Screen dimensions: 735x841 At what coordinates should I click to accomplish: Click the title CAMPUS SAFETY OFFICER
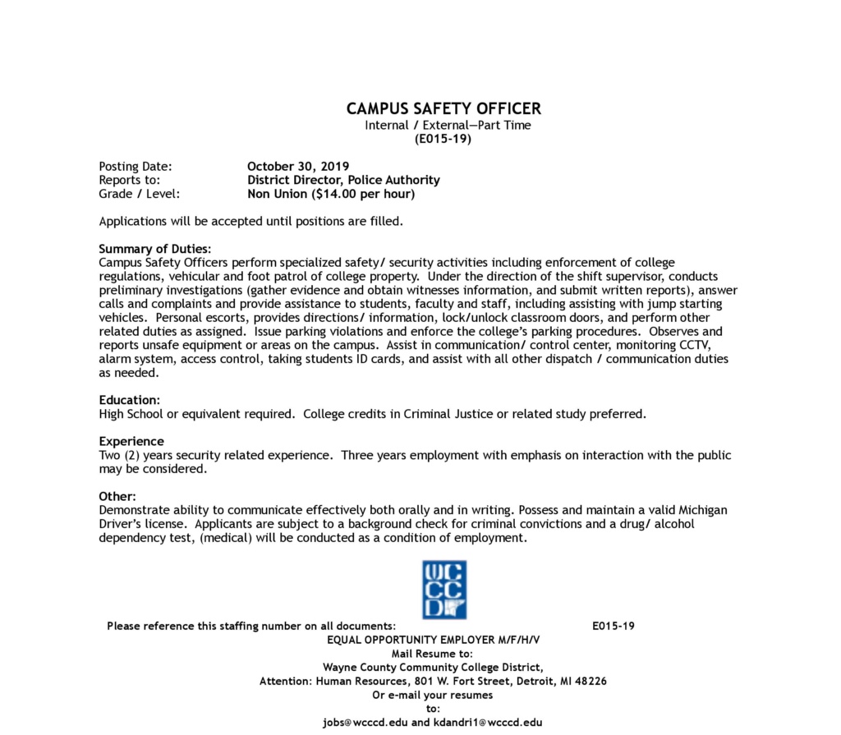click(443, 108)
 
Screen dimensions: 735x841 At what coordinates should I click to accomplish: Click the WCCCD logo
click(443, 589)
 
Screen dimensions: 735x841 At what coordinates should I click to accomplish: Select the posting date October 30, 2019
click(298, 167)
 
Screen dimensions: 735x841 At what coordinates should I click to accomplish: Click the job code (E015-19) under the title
click(443, 139)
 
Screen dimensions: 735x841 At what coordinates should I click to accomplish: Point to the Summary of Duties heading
click(154, 249)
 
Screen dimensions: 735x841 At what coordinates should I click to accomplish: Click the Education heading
click(129, 400)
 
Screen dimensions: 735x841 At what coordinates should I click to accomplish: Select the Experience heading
click(131, 441)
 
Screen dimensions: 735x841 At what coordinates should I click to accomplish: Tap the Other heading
click(117, 496)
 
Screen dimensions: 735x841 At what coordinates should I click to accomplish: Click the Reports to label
click(129, 181)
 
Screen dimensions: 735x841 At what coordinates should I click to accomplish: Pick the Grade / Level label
click(139, 195)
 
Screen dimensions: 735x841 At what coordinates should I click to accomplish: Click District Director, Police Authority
click(343, 181)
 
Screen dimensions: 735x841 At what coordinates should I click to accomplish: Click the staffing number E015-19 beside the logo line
click(614, 626)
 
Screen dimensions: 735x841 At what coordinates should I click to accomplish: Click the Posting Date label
click(135, 167)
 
